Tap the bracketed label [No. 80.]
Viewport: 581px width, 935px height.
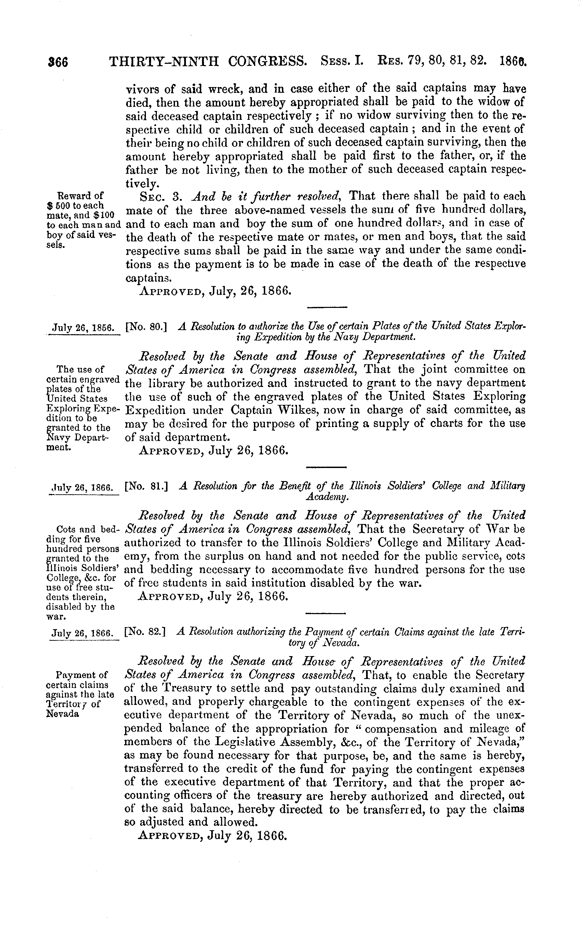(146, 327)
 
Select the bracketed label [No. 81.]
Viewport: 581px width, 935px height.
(146, 487)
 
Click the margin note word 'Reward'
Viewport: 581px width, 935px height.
(75, 196)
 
